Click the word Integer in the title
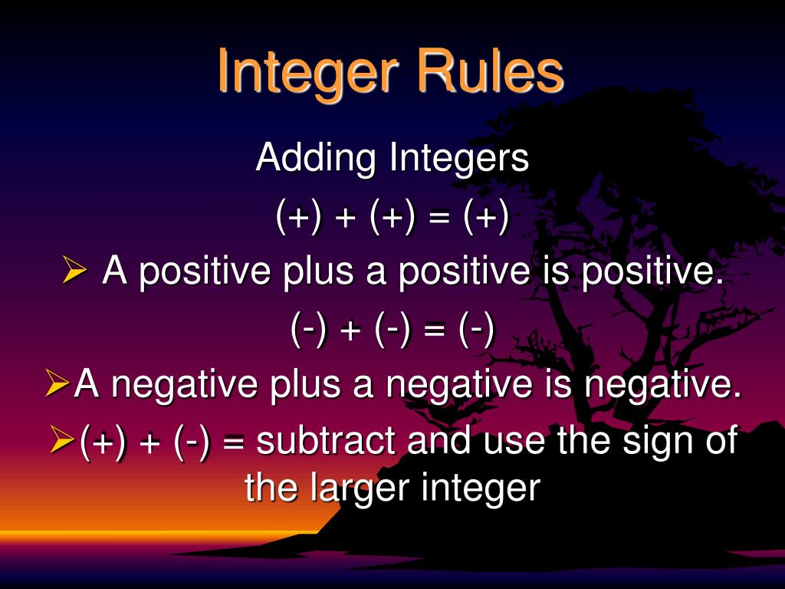[x=308, y=73]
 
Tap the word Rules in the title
[x=491, y=71]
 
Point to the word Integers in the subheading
[x=460, y=160]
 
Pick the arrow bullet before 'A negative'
[x=56, y=384]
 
